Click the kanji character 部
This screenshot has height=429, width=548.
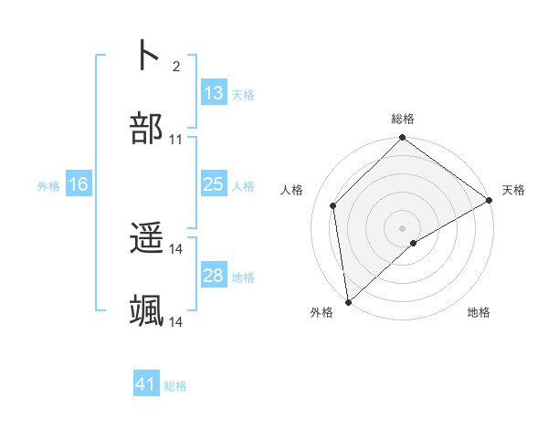pyautogui.click(x=146, y=129)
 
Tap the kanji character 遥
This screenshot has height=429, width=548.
pyautogui.click(x=146, y=238)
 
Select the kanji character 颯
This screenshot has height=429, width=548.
pyautogui.click(x=146, y=311)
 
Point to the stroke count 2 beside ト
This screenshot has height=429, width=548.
pyautogui.click(x=176, y=66)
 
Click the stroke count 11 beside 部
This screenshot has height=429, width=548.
pyautogui.click(x=176, y=140)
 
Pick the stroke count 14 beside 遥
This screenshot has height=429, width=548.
pyautogui.click(x=176, y=249)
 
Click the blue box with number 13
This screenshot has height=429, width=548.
pyautogui.click(x=213, y=92)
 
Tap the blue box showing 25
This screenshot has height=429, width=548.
pyautogui.click(x=213, y=184)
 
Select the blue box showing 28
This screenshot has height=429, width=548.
pyautogui.click(x=213, y=276)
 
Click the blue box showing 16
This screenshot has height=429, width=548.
pyautogui.click(x=79, y=184)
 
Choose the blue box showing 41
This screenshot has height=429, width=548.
pyautogui.click(x=146, y=384)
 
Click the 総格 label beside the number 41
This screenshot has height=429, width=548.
pyautogui.click(x=175, y=386)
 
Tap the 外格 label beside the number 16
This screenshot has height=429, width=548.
pyautogui.click(x=48, y=185)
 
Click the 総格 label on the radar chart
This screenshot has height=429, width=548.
pyautogui.click(x=403, y=119)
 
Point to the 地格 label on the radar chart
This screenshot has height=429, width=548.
pyautogui.click(x=479, y=313)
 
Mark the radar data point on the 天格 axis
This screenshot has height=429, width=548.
pyautogui.click(x=490, y=201)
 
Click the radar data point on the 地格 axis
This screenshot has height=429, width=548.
pyautogui.click(x=414, y=243)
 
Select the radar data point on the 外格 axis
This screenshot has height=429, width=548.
pyautogui.click(x=348, y=302)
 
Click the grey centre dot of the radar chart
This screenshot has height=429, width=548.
pyautogui.click(x=403, y=227)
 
